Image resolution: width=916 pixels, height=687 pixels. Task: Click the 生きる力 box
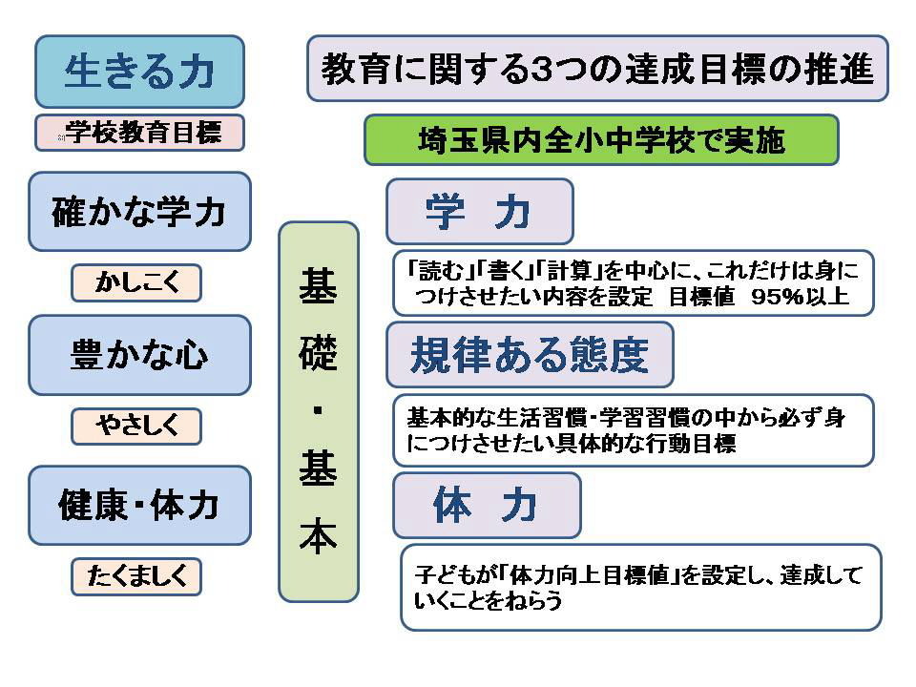(139, 72)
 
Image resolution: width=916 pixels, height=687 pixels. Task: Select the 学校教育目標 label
(139, 133)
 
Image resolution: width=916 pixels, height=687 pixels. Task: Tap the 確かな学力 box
(139, 212)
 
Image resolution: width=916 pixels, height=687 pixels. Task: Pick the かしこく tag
(136, 282)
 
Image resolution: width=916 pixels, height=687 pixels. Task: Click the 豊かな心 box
(139, 355)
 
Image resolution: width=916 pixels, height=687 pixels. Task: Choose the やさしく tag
(136, 426)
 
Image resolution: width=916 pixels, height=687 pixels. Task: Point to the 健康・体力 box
(139, 506)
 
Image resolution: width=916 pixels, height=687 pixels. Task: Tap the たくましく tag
(136, 576)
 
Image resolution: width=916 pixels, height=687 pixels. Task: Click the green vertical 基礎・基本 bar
(319, 412)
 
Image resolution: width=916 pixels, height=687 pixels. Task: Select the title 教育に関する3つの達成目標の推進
(597, 69)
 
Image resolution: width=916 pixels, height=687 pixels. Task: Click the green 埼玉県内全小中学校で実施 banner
(602, 140)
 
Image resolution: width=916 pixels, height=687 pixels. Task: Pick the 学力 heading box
(480, 212)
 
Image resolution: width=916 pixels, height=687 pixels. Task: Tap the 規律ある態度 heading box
(530, 355)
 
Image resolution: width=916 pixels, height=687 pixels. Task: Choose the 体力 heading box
(488, 506)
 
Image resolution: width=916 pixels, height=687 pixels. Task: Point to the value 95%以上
(800, 297)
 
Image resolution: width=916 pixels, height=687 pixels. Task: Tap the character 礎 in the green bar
(319, 353)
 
